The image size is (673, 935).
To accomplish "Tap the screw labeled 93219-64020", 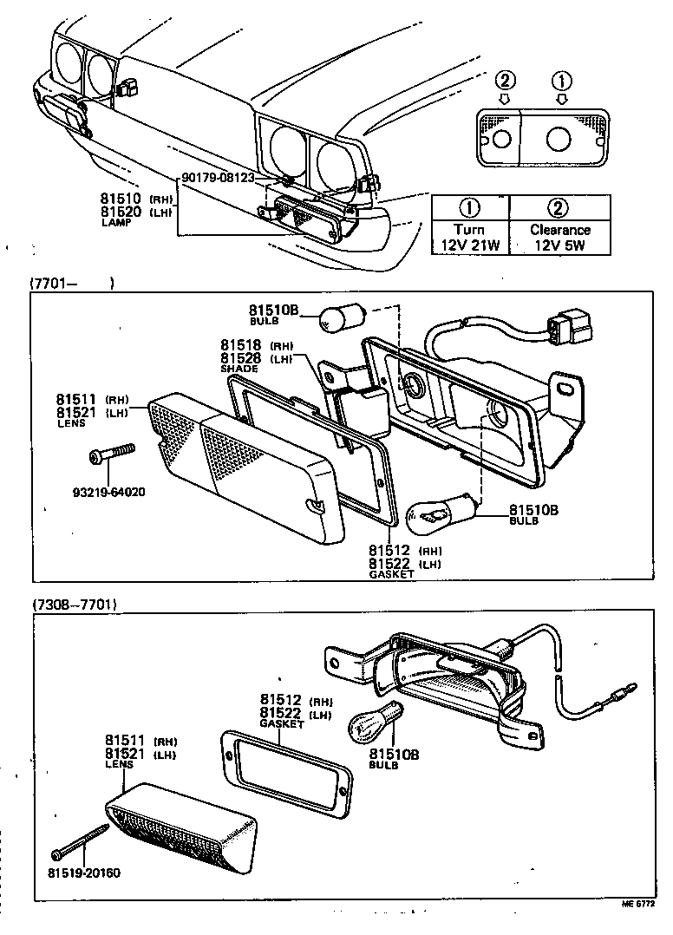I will click(x=114, y=454).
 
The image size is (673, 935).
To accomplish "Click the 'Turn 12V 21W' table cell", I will click(x=469, y=237).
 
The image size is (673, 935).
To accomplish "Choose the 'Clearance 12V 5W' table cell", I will click(x=559, y=237).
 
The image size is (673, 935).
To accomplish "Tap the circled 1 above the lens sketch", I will click(x=563, y=82).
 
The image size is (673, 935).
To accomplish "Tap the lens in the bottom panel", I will click(x=184, y=829).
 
